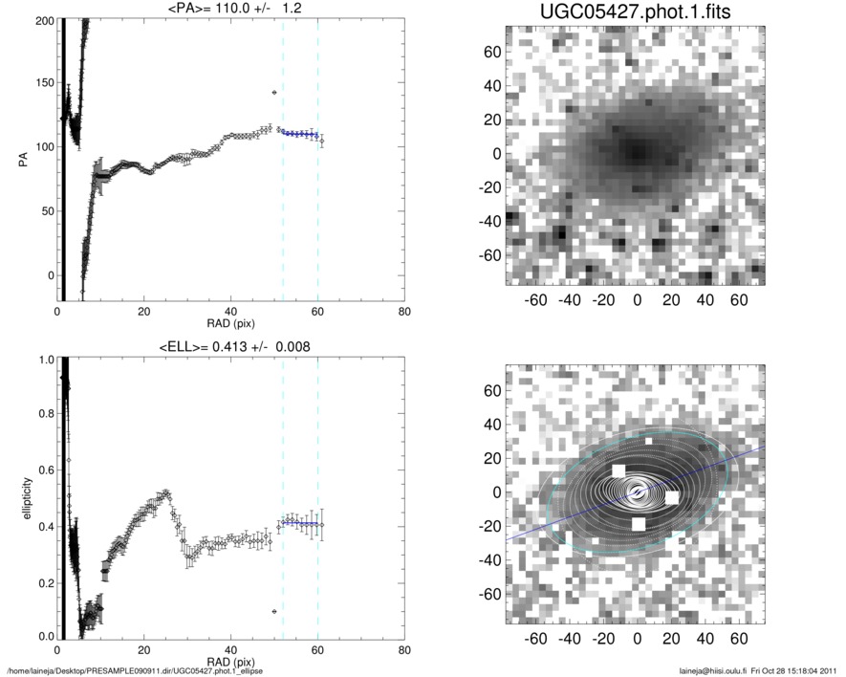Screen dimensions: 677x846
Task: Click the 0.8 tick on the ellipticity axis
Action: tap(44, 415)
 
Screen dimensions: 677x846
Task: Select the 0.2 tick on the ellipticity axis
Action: tap(44, 581)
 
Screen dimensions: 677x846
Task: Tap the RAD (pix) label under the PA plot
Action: tap(231, 324)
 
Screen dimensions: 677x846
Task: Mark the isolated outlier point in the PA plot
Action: tap(274, 93)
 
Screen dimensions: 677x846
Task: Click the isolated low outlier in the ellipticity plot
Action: tap(274, 611)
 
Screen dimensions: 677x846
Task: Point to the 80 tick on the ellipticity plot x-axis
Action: tap(404, 649)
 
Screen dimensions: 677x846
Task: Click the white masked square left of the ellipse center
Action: tap(618, 470)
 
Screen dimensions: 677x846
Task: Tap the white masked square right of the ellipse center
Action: tap(672, 497)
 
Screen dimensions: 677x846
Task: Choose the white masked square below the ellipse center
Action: tap(639, 524)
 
